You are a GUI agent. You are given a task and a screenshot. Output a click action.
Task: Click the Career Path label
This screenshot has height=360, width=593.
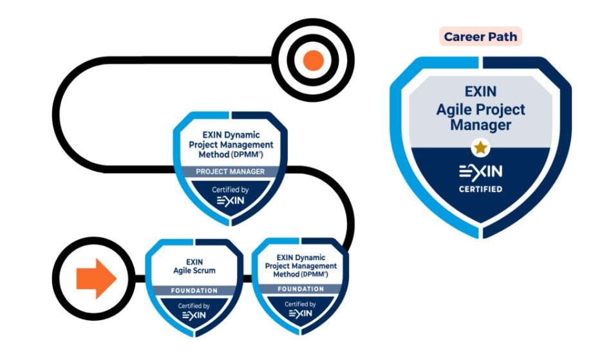tap(481, 37)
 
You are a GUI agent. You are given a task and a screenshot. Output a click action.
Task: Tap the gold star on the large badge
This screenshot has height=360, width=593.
tap(480, 147)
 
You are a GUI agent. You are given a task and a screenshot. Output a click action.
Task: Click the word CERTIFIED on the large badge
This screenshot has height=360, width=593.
tap(480, 189)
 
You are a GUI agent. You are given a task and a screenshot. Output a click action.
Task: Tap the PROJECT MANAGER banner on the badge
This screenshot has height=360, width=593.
tap(231, 171)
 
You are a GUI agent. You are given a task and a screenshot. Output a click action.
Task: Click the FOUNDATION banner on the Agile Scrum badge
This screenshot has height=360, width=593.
tap(194, 290)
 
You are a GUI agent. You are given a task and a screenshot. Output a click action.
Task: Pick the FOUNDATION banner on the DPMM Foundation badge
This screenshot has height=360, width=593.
tap(301, 289)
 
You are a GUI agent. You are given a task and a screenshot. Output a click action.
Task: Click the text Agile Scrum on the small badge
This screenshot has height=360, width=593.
tap(194, 270)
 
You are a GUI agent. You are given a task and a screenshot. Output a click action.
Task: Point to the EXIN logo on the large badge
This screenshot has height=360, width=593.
tap(480, 172)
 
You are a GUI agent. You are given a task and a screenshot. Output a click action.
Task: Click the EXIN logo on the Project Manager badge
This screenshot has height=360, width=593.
tap(231, 201)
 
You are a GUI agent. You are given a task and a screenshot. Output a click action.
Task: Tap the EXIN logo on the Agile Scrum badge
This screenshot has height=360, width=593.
tap(194, 316)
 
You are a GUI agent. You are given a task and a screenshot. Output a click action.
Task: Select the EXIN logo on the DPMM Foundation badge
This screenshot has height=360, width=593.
tap(300, 314)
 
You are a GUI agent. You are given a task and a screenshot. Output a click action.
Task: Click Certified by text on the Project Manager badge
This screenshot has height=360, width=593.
tap(231, 189)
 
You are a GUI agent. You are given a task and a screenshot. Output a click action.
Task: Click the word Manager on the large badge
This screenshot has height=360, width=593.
tap(480, 125)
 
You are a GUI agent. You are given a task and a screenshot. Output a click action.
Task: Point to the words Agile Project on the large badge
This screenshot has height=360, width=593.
tap(480, 109)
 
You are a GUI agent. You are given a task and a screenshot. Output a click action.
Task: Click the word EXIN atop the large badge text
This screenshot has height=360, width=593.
tap(480, 93)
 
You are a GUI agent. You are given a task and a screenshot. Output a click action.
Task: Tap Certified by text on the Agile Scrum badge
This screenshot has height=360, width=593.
tap(194, 306)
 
